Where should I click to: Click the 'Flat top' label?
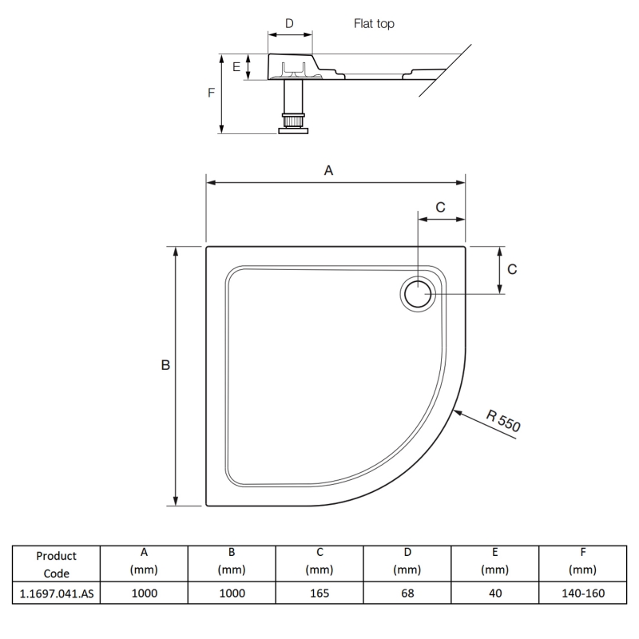pos(374,24)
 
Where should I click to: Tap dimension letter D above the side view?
pos(289,24)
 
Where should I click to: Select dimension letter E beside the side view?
pos(236,67)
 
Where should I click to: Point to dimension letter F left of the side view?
pos(211,93)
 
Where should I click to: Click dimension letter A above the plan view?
pos(327,170)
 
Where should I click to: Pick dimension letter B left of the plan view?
pos(165,365)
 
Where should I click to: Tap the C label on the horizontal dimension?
pos(440,207)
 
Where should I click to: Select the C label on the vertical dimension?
pos(512,269)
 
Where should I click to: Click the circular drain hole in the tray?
pos(418,294)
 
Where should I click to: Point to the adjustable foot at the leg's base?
pos(293,124)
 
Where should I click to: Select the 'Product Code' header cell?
pos(56,564)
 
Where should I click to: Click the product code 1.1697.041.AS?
pos(56,593)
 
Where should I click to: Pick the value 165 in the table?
pos(319,593)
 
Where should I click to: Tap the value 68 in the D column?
pos(407,593)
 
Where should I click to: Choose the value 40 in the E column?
pos(495,593)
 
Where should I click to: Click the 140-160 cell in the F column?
pos(583,593)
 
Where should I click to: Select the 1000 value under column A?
pos(144,593)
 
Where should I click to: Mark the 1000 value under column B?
pos(232,593)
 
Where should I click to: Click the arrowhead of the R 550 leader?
pos(456,411)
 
